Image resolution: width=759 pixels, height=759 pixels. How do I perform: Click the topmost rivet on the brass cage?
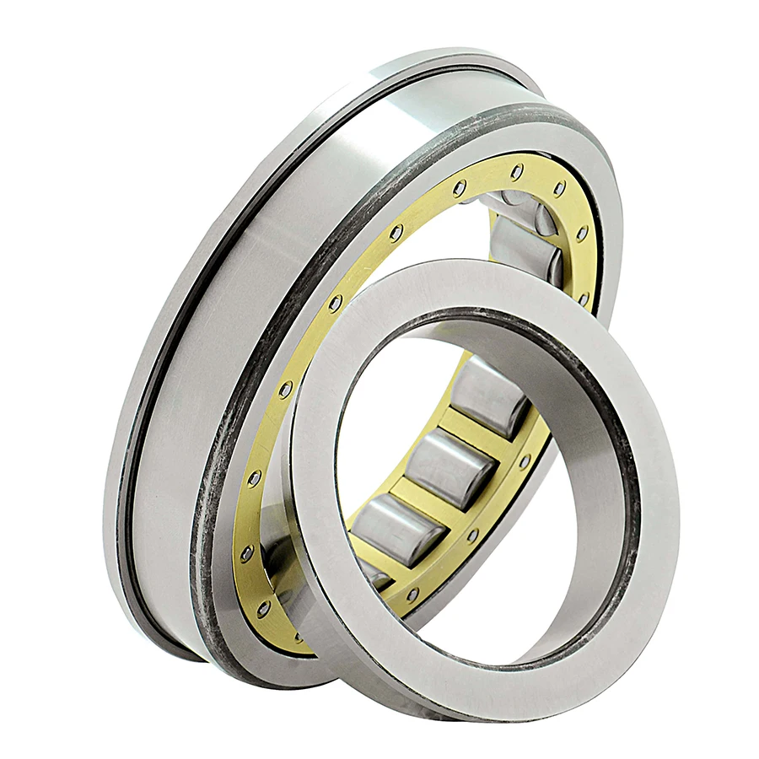[516, 171]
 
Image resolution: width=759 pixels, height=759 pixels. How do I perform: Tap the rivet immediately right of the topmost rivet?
[558, 188]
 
